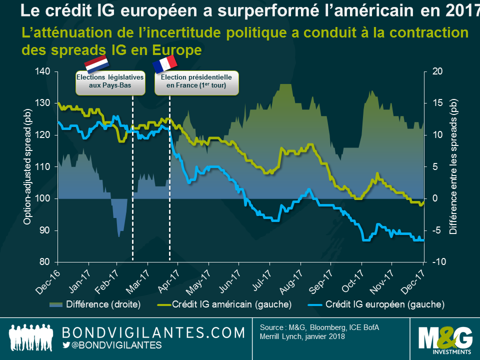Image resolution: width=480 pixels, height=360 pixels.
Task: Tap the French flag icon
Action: click(165, 63)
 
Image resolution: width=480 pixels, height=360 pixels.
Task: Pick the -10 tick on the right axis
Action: click(435, 262)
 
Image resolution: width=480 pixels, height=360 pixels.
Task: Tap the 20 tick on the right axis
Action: click(434, 71)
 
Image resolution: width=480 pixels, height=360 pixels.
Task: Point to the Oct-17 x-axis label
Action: click(352, 281)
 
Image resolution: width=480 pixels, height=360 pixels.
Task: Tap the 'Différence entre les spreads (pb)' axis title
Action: click(453, 166)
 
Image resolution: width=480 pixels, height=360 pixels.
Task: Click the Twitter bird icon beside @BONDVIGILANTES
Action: click(66, 345)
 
